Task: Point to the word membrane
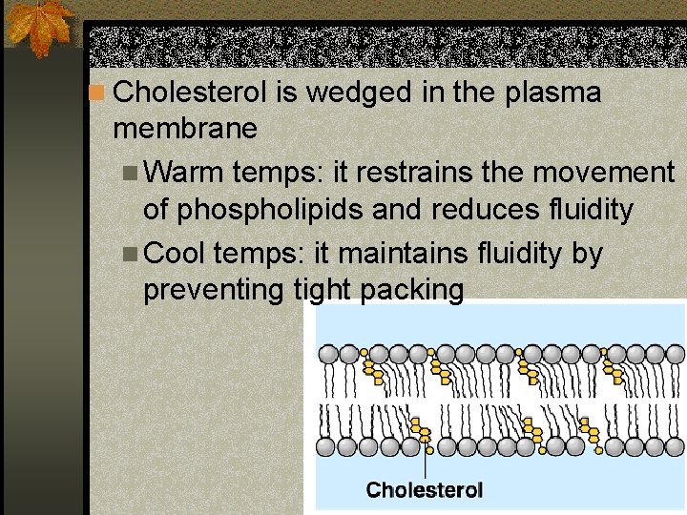pyautogui.click(x=184, y=127)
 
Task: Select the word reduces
pyautogui.click(x=443, y=209)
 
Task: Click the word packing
pyautogui.click(x=412, y=290)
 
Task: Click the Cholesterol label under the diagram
pyautogui.click(x=425, y=490)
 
